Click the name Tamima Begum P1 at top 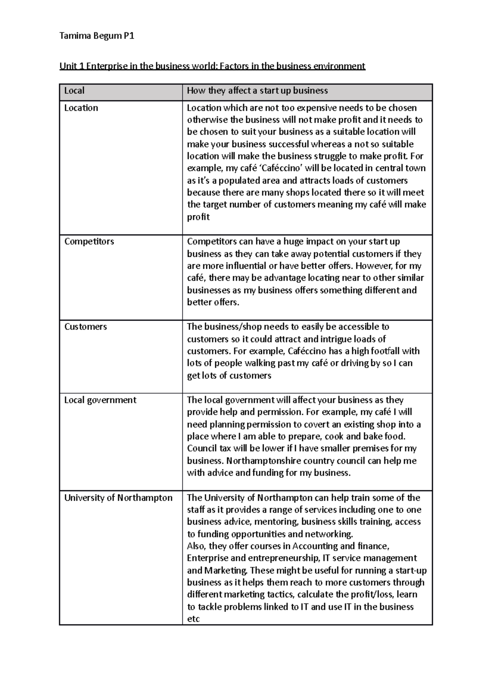(97, 37)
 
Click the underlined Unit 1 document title (212, 66)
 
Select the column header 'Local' (74, 91)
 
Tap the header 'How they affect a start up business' (257, 91)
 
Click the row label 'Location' (81, 108)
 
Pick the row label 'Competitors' (89, 241)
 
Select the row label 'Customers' (85, 327)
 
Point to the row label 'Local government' (100, 400)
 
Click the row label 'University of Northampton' (118, 498)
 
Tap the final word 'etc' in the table (193, 619)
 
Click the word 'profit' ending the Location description (198, 217)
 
